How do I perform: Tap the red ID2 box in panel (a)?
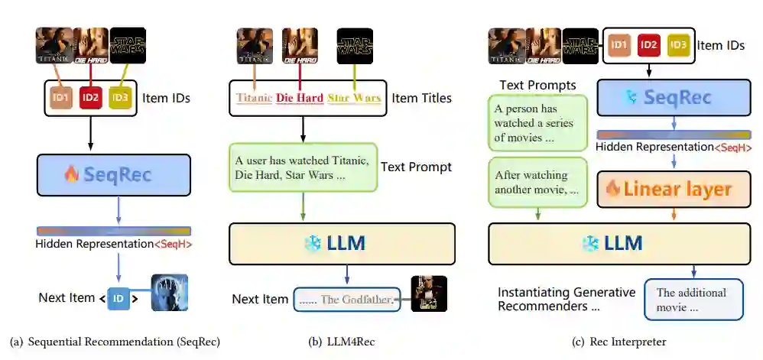[x=91, y=98]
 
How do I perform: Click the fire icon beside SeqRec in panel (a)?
[x=71, y=174]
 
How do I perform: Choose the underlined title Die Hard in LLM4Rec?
[x=299, y=98]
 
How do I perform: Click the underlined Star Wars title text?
[x=354, y=98]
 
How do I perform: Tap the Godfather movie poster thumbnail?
[x=428, y=294]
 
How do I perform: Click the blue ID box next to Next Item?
[x=119, y=298]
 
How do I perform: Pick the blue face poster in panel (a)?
[x=168, y=293]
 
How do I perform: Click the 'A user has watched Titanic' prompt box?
[x=302, y=167]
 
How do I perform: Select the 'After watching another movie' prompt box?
[x=537, y=182]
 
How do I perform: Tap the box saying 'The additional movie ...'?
[x=693, y=300]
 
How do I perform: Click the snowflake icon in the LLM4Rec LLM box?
[x=313, y=244]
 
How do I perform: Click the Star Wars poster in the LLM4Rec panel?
[x=355, y=46]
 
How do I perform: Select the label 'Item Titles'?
[x=421, y=98]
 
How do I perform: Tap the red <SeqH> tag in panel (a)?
[x=173, y=245]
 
